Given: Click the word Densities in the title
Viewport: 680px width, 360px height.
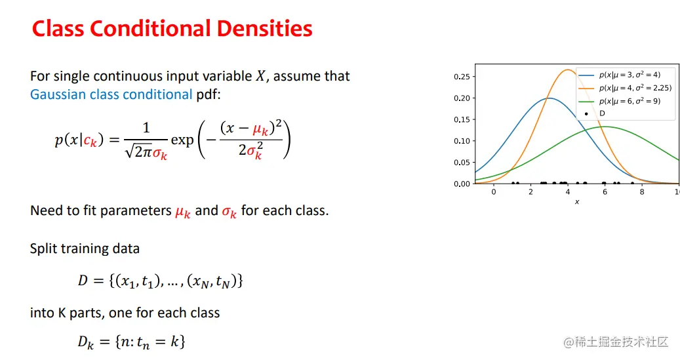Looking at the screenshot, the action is coord(264,29).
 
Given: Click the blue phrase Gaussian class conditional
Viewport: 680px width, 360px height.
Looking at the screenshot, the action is coord(111,94).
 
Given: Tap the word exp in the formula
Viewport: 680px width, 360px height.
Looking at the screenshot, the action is coord(182,140).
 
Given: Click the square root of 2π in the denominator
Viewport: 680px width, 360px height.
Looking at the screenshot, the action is coord(138,151).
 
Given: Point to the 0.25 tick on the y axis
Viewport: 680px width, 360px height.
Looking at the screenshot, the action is coord(462,77).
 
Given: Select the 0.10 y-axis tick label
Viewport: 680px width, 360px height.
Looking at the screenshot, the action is coord(462,141).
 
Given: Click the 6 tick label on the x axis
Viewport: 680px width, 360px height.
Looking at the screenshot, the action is coord(605,191).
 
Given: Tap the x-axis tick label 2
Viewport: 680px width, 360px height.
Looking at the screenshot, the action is coord(530,191).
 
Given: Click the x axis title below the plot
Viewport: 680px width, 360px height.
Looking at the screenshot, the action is coord(577,202).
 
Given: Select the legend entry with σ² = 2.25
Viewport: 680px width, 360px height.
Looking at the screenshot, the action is coord(625,88).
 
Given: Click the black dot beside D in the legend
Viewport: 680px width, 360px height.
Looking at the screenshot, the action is coord(586,113).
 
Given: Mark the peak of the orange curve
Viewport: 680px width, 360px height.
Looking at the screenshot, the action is coord(568,70).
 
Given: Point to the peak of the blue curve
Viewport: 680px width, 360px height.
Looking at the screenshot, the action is coord(549,98).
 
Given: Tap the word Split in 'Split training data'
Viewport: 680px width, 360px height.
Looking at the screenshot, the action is coord(43,249).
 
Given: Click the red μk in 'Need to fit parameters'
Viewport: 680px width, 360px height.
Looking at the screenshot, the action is coord(182,212).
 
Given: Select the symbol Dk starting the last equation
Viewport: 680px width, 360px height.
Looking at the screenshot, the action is coord(85,342).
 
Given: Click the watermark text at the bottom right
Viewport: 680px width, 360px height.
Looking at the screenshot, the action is coord(616,342).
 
